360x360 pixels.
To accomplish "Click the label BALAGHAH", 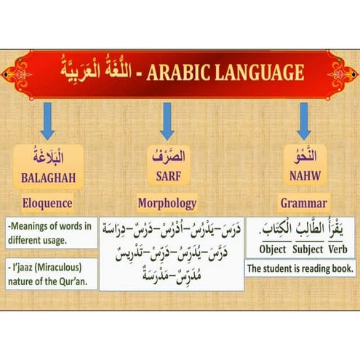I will [47, 176].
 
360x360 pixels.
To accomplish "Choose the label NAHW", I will [304, 176].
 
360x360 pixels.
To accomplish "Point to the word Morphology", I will [167, 204].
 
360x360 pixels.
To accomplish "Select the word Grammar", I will [304, 204].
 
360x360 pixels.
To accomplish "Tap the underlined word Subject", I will [307, 249].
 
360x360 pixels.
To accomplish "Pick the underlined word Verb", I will [340, 249].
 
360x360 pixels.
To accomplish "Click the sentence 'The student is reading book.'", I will [300, 269].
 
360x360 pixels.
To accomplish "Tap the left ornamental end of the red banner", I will [16, 73].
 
